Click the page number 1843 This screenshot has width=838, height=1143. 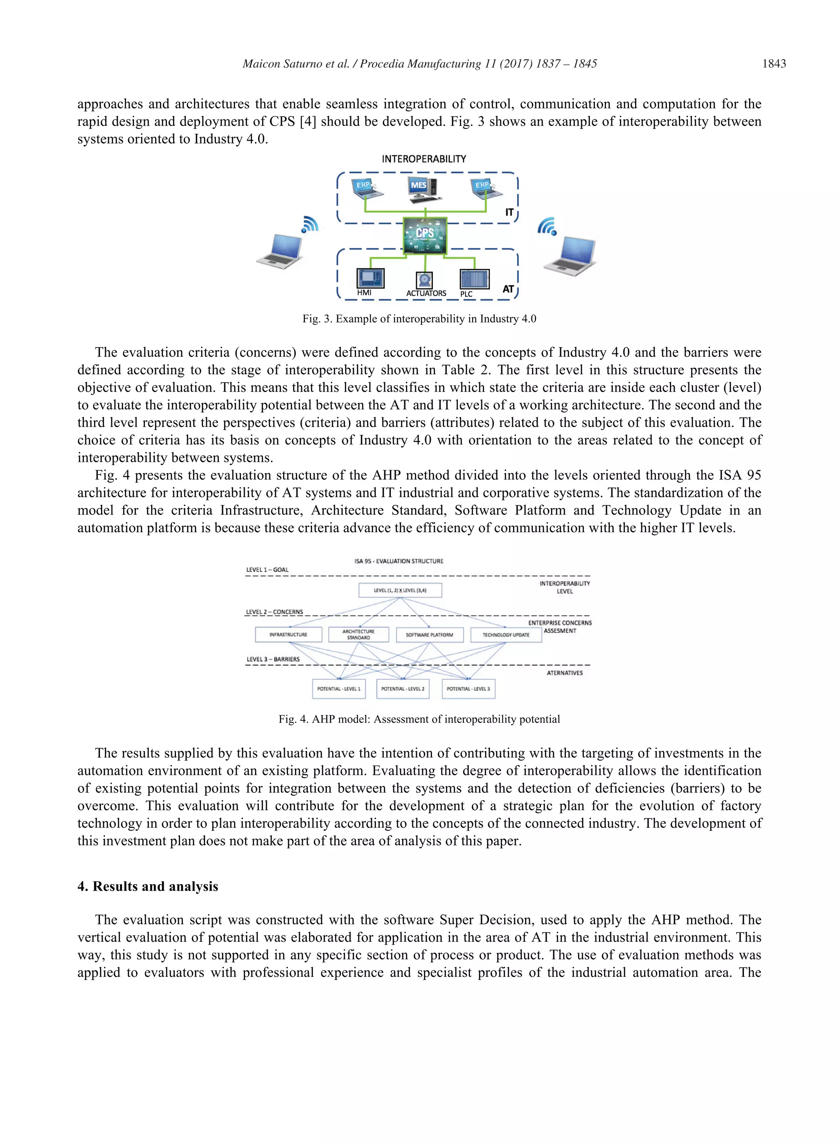coord(774,64)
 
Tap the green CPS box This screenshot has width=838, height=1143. coord(425,235)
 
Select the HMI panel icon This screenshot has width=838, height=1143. coord(370,279)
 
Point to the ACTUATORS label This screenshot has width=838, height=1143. coord(426,293)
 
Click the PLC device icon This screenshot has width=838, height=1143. coord(474,279)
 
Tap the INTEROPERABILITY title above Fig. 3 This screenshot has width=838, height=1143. coord(424,159)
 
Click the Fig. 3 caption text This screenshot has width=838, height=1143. coord(419,318)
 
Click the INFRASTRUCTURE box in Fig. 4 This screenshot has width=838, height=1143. coord(288,634)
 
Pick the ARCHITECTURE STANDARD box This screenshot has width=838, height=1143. coord(358,634)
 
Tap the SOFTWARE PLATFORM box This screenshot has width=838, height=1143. coord(429,634)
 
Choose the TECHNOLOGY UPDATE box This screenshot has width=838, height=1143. coord(506,634)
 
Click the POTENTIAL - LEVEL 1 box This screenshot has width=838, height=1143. coord(338,688)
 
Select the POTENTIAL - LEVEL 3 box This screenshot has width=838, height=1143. coord(468,688)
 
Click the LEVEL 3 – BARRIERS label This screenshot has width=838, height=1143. coord(273,659)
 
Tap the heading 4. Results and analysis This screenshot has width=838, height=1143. coord(148,886)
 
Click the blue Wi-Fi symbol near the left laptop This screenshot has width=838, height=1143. coord(309,224)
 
